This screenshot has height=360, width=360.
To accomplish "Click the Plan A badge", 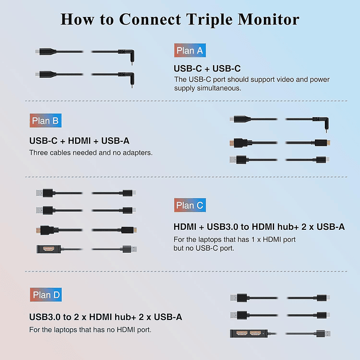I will pyautogui.click(x=190, y=51).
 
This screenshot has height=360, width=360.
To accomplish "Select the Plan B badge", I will pyautogui.click(x=45, y=120).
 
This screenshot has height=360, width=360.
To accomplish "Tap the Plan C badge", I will pyautogui.click(x=190, y=205).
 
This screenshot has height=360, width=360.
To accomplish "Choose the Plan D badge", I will pyautogui.click(x=46, y=295).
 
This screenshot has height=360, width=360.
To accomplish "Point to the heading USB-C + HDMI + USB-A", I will pyautogui.click(x=79, y=141).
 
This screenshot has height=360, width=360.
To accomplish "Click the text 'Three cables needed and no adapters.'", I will pyautogui.click(x=91, y=153).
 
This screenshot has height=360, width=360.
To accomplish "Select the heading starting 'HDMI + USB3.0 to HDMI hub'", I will pyautogui.click(x=259, y=227).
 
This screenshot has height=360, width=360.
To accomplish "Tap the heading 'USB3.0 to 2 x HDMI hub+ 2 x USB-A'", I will pyautogui.click(x=106, y=317).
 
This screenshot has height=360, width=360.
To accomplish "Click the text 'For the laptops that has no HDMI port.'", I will pyautogui.click(x=90, y=329).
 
